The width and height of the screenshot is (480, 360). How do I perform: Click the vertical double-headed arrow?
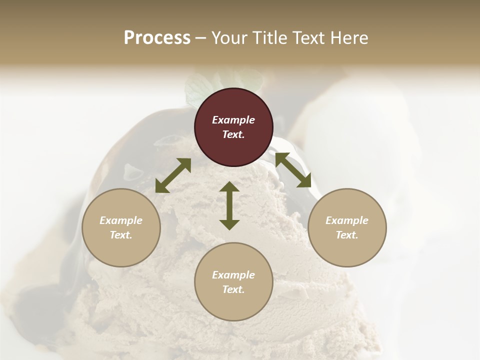point(229,205)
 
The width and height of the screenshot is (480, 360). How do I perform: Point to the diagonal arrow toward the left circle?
point(173,175)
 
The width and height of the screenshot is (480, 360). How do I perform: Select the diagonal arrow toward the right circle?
point(293,170)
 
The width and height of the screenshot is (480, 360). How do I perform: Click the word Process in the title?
point(157,38)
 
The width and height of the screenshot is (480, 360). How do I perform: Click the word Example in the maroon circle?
point(233,120)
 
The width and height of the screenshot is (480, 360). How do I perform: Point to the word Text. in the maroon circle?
point(233,134)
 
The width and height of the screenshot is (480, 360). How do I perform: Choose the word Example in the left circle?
point(121,220)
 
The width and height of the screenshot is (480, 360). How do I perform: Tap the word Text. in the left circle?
point(121,235)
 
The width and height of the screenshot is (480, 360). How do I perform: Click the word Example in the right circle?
point(347,220)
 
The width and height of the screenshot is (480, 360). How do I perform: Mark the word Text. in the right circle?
point(347,235)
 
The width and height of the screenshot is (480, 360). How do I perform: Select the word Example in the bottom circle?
point(233,275)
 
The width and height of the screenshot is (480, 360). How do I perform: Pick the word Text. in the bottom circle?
point(233,289)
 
